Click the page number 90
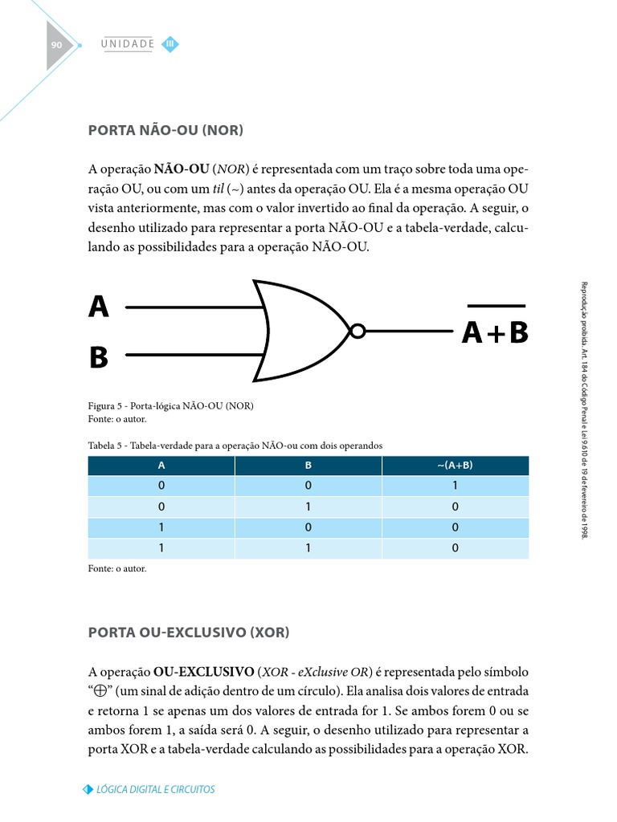coord(56,46)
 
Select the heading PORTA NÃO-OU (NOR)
coord(165,129)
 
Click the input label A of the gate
coord(98,306)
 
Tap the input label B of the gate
coord(98,357)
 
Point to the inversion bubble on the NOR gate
coord(358,330)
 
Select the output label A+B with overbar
coord(495,331)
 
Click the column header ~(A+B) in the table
coord(456,466)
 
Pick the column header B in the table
coord(308,466)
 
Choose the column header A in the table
coord(161,466)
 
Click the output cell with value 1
coord(456,486)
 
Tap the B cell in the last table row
coord(308,549)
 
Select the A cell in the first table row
coord(161,486)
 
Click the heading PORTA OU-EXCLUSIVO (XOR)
coord(188,633)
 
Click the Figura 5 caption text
coord(170,405)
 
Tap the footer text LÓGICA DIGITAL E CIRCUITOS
coord(155,789)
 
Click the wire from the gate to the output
coord(410,330)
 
